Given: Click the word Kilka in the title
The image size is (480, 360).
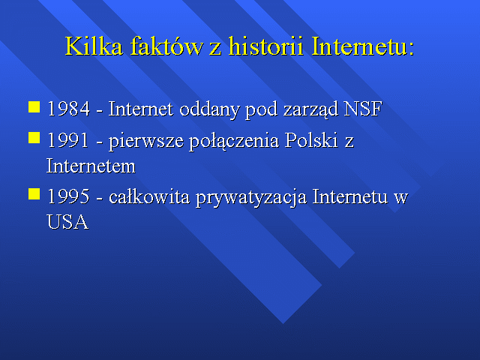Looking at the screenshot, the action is tap(94, 46).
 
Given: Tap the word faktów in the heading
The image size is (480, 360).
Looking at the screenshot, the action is tap(166, 46).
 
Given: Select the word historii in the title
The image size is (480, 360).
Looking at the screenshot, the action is tap(266, 46).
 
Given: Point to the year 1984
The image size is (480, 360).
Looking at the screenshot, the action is tap(69, 109).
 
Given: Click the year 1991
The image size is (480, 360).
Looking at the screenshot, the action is tap(68, 140).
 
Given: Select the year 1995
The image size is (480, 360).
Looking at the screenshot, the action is tap(68, 196).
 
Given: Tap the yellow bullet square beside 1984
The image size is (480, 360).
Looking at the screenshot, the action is tap(34, 107).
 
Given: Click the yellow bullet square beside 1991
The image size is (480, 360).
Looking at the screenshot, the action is tap(34, 138).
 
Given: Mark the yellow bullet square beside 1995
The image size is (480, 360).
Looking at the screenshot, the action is tap(34, 193).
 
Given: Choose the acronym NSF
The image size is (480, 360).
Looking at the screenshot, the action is tap(363, 109).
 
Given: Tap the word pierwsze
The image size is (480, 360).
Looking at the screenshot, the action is tap(146, 142).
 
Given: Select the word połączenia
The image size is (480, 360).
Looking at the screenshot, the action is tap(234, 142).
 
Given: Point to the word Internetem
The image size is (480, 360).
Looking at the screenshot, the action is tap(91, 166).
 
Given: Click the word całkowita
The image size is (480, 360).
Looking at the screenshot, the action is tap(149, 196).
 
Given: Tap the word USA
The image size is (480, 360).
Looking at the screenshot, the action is tap(67, 222).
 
